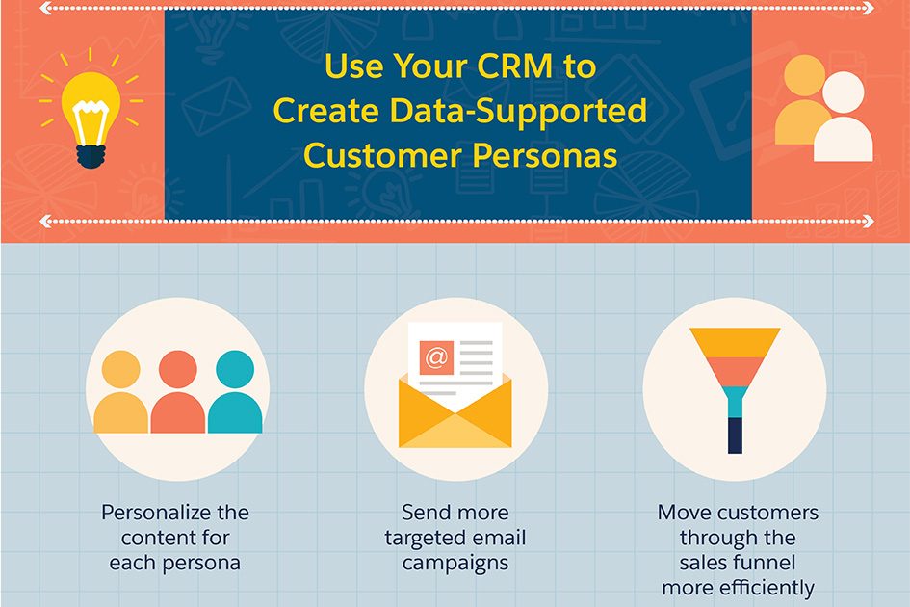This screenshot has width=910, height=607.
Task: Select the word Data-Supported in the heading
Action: (518, 112)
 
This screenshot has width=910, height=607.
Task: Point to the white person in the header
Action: (844, 119)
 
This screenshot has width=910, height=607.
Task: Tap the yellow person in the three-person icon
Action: (120, 392)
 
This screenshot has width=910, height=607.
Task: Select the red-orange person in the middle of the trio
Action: (177, 392)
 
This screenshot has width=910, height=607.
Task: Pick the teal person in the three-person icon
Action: (234, 392)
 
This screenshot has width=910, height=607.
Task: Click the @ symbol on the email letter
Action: (436, 357)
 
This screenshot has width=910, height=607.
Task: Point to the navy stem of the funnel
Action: (736, 435)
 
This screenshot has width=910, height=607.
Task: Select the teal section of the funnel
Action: (736, 402)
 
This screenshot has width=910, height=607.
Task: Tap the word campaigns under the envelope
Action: (455, 563)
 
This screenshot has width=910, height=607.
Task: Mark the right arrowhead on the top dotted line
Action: (869, 8)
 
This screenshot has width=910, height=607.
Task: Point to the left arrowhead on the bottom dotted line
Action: (45, 221)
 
